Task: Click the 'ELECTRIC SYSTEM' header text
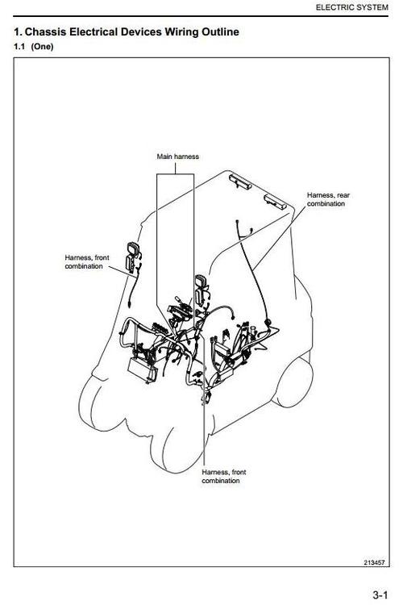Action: [351, 7]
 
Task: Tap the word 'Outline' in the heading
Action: [220, 31]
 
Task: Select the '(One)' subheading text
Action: [42, 47]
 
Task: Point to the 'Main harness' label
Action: [178, 156]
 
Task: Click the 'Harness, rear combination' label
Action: [328, 199]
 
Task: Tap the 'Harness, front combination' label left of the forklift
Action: [87, 262]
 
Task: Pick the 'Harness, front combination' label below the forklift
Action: [224, 477]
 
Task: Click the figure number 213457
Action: [374, 562]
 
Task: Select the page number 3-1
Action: [380, 595]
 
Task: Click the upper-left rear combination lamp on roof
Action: [240, 181]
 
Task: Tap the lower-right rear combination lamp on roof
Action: [275, 202]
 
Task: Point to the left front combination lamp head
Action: [133, 248]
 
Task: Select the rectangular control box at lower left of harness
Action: [143, 369]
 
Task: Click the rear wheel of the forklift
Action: [293, 382]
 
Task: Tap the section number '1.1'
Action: [19, 47]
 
